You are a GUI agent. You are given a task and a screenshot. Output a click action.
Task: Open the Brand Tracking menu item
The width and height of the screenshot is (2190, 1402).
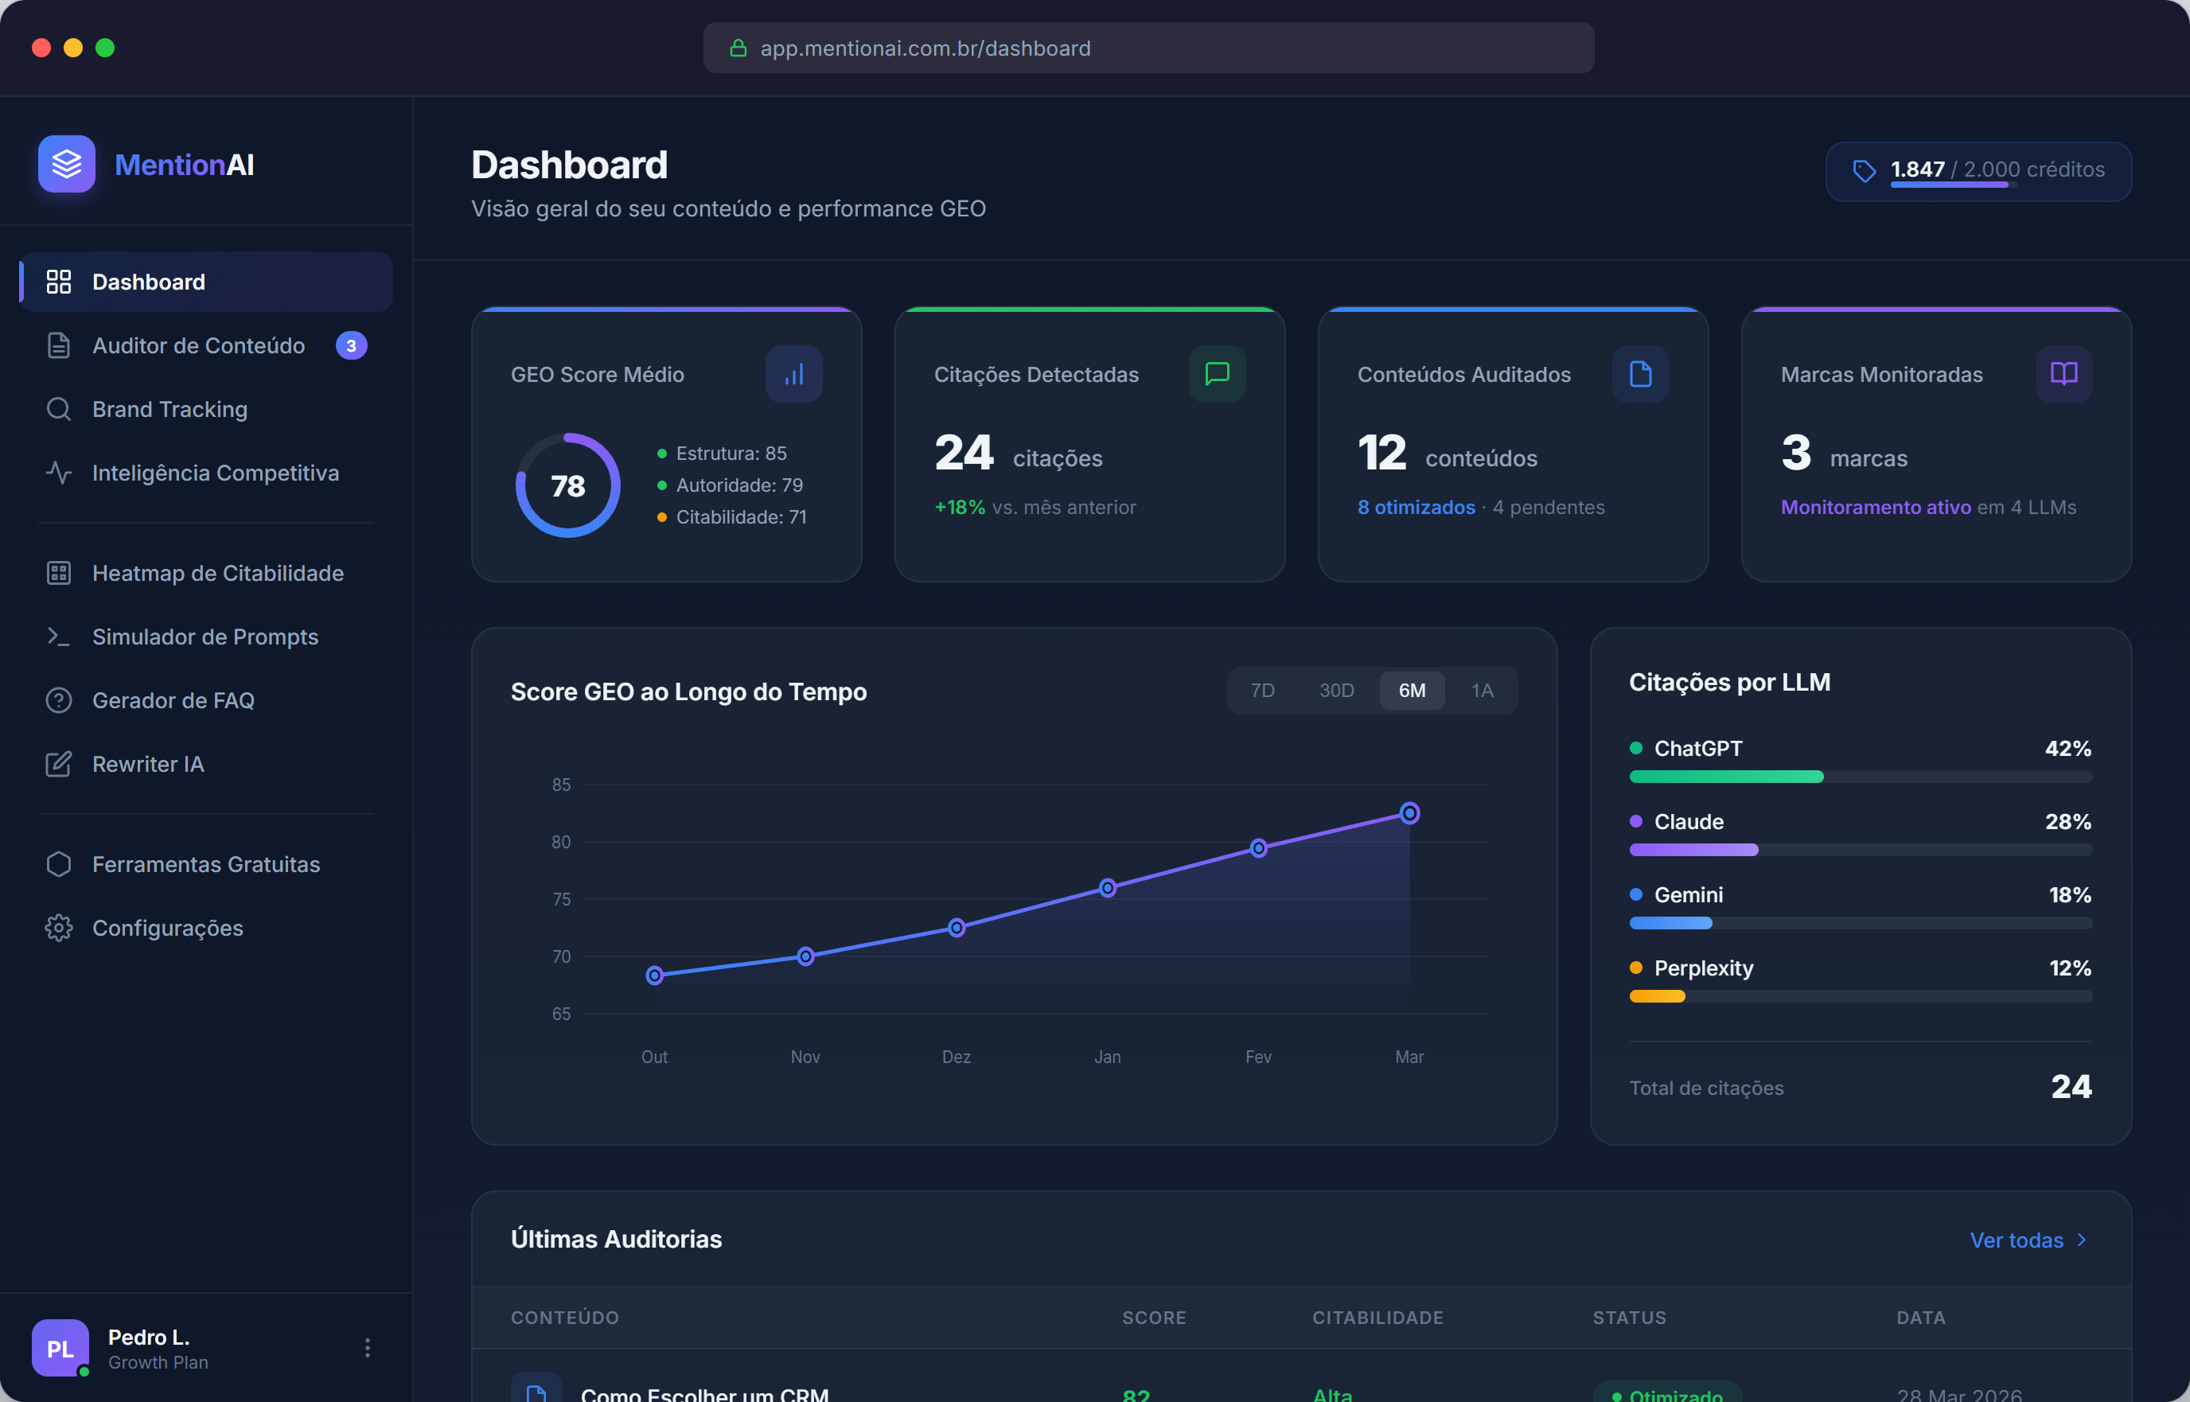point(170,410)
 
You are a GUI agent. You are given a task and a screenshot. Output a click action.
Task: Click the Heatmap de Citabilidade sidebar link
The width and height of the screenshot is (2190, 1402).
point(217,574)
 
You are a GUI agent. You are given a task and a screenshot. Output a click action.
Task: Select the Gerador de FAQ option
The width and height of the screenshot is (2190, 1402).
point(173,701)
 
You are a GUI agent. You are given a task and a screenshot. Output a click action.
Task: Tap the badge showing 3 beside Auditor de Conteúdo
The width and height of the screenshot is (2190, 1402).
point(352,346)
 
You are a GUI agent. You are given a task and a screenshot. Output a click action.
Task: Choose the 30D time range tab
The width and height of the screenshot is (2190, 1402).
point(1336,691)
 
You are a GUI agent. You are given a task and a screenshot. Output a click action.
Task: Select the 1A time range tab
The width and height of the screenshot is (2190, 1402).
point(1482,691)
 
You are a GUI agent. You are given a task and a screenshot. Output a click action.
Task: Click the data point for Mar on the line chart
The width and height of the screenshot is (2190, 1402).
point(1409,813)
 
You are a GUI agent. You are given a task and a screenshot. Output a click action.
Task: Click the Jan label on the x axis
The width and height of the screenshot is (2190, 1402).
point(1107,1057)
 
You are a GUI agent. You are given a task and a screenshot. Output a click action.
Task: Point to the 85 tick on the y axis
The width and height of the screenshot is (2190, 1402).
point(561,785)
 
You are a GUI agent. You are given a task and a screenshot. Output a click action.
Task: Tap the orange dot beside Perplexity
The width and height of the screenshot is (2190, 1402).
point(1635,968)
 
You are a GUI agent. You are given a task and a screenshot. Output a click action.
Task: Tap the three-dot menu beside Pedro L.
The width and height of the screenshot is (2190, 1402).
point(368,1347)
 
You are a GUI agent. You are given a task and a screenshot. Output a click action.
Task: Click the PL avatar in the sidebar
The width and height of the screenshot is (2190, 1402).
point(60,1347)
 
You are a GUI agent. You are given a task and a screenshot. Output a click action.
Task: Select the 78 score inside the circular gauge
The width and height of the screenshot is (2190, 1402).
point(568,486)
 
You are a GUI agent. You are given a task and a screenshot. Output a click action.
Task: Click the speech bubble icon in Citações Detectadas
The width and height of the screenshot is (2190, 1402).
point(1217,374)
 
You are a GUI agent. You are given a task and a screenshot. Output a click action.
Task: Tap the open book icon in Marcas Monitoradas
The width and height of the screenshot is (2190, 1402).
point(2063,374)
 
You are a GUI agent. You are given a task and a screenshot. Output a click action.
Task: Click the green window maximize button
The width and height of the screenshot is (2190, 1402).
point(106,49)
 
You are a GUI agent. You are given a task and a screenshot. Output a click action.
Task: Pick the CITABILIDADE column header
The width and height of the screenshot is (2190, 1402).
point(1378,1318)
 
